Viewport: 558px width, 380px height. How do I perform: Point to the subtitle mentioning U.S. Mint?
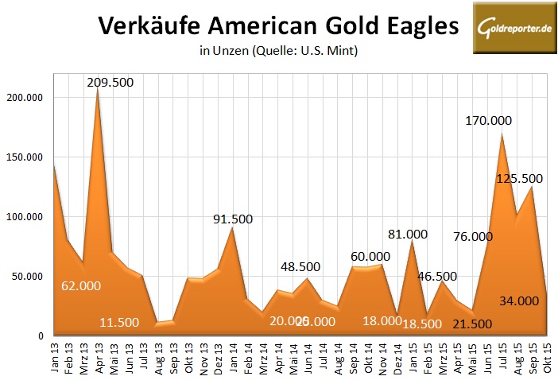coord(279,52)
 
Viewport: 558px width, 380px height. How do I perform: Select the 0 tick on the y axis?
coord(39,336)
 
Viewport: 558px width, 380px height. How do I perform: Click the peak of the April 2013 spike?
coord(97,87)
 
